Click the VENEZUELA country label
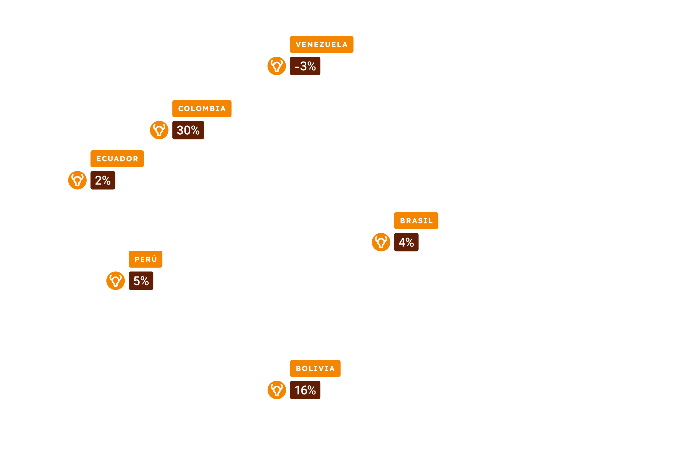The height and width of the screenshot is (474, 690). point(321,45)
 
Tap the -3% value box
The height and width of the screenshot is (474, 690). point(305,66)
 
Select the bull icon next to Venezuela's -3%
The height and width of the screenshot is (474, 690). point(277,66)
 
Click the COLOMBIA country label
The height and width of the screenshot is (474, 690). point(202,109)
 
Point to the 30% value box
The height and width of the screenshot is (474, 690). point(188,130)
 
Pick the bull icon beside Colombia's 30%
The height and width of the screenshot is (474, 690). point(159,130)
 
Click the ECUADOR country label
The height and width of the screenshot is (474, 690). point(117,159)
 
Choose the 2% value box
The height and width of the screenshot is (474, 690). point(103,180)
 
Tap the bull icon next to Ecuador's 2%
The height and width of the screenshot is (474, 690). point(77,180)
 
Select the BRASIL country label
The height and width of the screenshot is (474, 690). point(416,221)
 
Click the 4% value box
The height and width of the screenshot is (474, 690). point(406,242)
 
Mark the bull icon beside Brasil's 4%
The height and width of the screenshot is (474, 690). point(381,242)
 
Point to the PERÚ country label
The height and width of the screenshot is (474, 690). point(145,259)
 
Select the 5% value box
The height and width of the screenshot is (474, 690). point(141,281)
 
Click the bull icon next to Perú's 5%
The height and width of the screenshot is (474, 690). point(116,281)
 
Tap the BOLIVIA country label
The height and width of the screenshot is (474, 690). point(315,368)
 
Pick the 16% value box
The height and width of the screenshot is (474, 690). point(305,390)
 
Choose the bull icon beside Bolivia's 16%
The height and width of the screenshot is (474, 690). point(277,390)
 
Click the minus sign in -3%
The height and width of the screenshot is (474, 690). point(297,67)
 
